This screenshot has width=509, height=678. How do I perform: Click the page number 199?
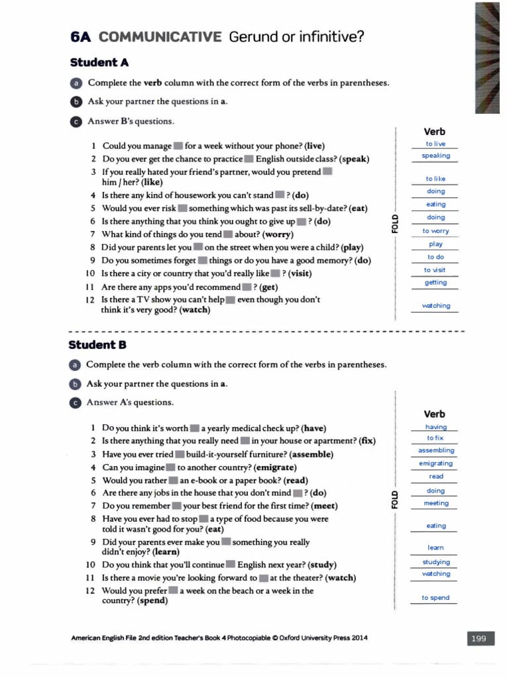coord(479,638)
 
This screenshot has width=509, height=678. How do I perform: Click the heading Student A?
coord(99,62)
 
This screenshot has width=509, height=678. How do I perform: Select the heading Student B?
coord(97,344)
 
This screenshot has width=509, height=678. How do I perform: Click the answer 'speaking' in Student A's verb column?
coord(435,156)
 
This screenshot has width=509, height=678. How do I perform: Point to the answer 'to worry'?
coord(435,231)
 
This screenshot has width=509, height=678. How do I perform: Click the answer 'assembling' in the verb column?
coord(436,450)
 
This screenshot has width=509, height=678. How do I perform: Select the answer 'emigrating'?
coord(436,463)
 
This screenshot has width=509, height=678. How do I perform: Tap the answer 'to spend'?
coord(435,598)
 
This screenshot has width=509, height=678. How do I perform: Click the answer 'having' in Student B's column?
coord(436,427)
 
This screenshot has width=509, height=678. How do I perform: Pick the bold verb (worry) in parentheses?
coord(278,234)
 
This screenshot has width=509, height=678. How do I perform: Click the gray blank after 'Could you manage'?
coord(178,146)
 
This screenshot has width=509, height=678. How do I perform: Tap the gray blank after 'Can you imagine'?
coord(170,467)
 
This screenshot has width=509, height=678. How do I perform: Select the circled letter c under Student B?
coord(75,403)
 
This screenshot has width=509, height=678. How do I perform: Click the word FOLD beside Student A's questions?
coord(395,220)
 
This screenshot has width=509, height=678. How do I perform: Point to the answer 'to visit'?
coord(435,270)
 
